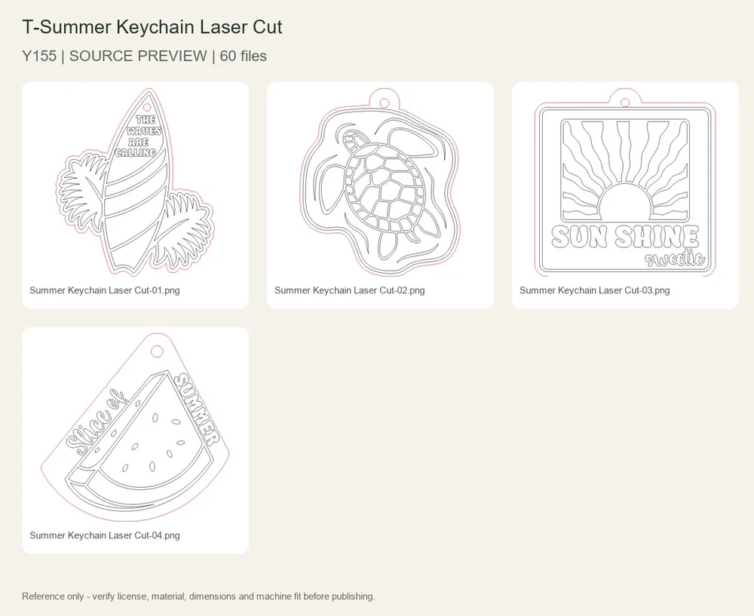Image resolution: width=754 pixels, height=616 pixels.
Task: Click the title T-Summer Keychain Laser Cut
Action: click(152, 27)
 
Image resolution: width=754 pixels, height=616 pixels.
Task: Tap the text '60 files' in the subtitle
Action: click(243, 57)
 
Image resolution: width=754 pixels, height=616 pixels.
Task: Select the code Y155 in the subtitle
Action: click(39, 57)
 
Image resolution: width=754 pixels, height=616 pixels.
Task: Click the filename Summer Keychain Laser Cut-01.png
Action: click(104, 290)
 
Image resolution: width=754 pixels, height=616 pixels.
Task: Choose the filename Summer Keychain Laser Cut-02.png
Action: click(350, 290)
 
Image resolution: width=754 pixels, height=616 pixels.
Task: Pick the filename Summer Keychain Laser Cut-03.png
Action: click(594, 290)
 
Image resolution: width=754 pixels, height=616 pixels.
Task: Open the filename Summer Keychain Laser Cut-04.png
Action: click(104, 535)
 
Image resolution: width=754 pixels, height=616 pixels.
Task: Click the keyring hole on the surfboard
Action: click(147, 107)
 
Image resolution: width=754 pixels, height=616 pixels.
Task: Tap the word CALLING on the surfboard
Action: click(136, 153)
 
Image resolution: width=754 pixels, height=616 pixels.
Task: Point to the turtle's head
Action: click(351, 138)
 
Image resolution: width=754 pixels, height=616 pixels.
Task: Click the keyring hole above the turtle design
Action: click(385, 103)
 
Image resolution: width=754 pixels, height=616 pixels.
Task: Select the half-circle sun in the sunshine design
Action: click(625, 201)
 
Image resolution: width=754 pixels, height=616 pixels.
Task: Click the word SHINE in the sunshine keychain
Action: click(657, 237)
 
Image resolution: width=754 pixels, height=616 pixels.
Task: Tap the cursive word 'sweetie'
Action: click(675, 259)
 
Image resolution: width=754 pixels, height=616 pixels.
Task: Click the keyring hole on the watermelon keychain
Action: click(156, 351)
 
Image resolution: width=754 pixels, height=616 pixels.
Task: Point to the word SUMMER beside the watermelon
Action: click(196, 409)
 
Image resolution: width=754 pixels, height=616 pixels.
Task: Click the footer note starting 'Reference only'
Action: click(198, 596)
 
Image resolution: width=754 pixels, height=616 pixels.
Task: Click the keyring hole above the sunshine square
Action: click(624, 103)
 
